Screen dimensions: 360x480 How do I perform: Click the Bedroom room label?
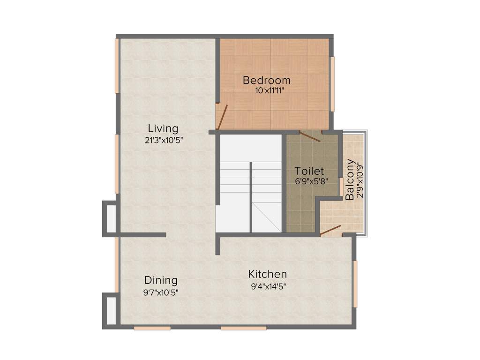point(266,80)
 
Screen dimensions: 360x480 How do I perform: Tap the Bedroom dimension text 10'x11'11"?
point(266,91)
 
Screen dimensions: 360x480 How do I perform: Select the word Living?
point(163,128)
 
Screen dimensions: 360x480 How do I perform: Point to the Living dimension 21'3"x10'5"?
point(163,139)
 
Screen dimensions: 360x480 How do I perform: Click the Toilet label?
point(309,171)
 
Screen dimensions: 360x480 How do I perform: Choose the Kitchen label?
point(267,274)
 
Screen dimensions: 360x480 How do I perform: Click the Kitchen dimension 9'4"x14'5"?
point(269,285)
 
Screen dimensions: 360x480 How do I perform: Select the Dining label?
point(161,280)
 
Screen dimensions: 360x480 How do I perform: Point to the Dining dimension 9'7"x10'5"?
point(161,292)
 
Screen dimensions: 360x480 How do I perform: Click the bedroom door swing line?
point(223,117)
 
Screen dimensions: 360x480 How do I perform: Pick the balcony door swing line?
point(330,230)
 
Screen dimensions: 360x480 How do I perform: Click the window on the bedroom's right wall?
point(332,84)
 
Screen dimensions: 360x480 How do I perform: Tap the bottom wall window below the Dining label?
point(152,328)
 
